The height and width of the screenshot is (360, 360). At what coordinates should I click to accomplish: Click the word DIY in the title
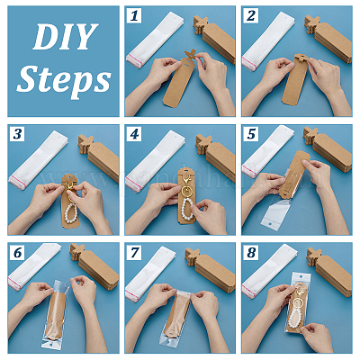click(66, 36)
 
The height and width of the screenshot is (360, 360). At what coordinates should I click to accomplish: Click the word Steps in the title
click(64, 79)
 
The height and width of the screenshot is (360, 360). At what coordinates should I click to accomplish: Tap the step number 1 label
click(134, 16)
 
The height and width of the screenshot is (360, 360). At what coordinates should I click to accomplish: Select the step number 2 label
click(251, 16)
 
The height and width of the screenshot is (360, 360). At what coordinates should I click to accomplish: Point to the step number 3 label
click(17, 134)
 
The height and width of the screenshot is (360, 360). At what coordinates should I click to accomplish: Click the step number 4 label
click(134, 134)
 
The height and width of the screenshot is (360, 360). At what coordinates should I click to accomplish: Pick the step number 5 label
click(251, 134)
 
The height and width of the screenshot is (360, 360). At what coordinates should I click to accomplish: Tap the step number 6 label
click(17, 252)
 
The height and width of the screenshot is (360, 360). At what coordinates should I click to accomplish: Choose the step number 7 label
click(134, 252)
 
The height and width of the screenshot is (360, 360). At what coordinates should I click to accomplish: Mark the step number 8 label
click(251, 252)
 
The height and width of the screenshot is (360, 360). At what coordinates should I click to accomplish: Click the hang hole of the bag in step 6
click(49, 345)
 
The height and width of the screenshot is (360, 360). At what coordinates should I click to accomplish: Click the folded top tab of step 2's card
click(301, 58)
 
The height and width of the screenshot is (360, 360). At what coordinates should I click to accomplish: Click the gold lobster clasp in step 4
click(185, 181)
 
